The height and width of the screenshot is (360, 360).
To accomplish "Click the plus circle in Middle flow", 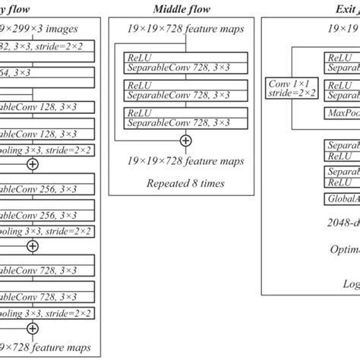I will click(x=185, y=141).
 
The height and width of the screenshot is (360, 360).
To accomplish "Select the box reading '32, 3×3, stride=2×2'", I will click(x=46, y=46).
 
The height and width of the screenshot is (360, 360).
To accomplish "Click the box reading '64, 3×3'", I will click(x=46, y=72).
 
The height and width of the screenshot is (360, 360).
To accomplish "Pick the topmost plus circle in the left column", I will click(x=32, y=164).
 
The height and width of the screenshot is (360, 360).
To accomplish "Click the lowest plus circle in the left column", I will click(x=32, y=307).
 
